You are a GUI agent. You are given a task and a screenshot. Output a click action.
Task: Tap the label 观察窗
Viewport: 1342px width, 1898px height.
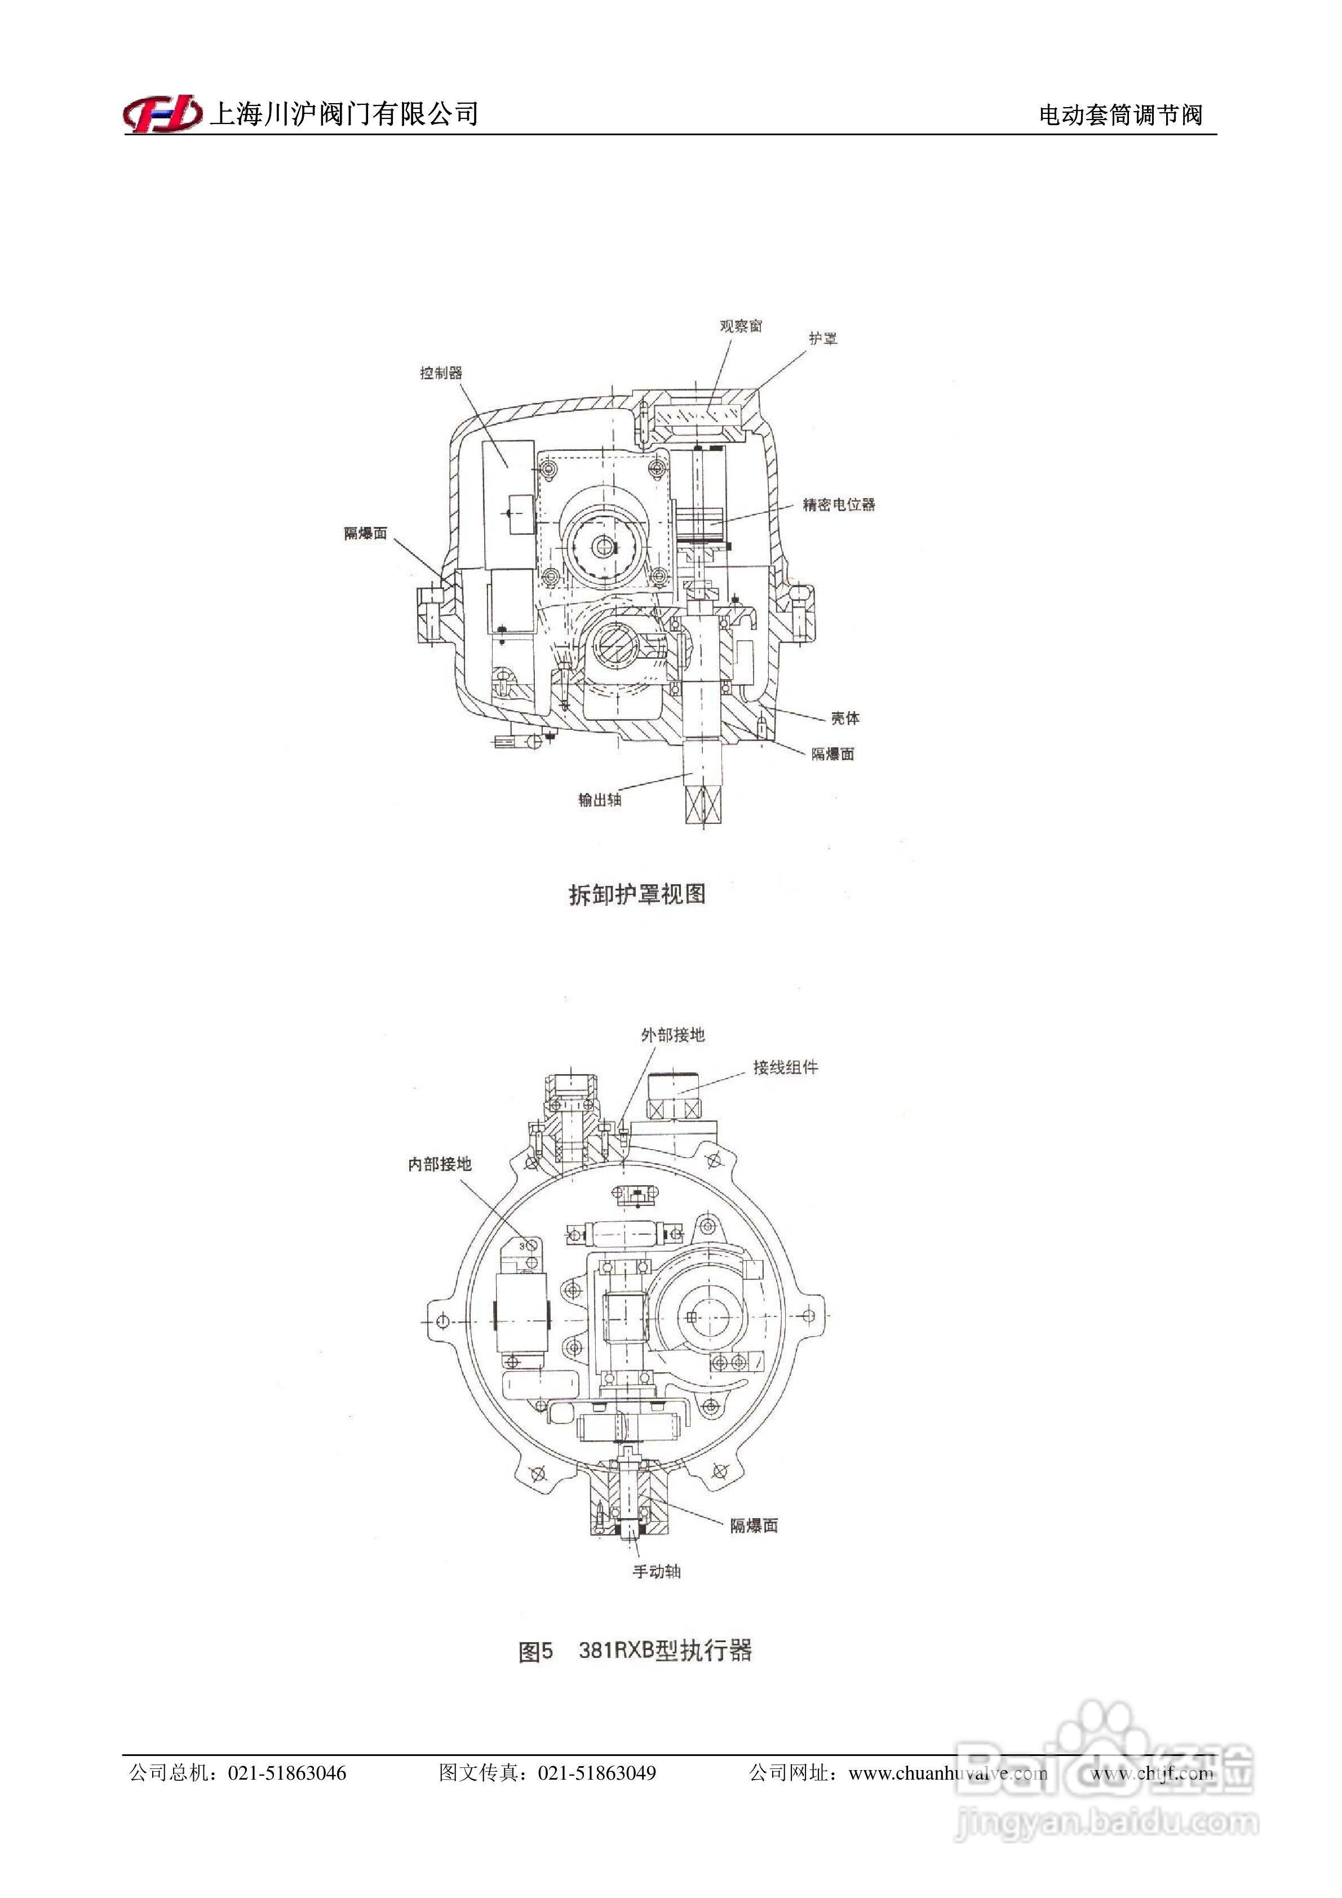coord(740,326)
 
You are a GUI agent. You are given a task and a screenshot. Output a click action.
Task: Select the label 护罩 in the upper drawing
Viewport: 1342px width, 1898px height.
coord(823,338)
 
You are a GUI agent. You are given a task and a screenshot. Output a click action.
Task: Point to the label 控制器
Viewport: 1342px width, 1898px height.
coord(441,373)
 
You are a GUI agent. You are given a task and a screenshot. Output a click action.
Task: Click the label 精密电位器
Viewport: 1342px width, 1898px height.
coord(839,504)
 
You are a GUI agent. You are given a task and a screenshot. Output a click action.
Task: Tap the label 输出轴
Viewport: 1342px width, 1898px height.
coord(600,799)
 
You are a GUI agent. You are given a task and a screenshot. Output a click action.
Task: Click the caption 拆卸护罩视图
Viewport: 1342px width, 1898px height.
coord(637,894)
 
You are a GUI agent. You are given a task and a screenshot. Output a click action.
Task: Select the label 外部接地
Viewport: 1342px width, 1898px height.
coord(672,1034)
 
